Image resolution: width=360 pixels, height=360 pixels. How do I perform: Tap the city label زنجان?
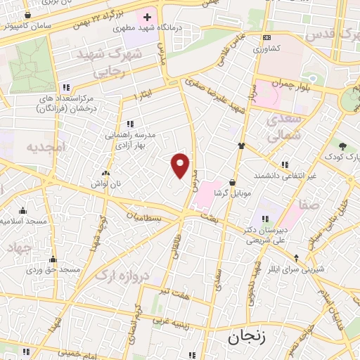244,339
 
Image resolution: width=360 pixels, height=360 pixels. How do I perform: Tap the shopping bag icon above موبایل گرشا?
232,182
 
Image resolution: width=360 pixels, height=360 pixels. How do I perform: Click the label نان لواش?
106,183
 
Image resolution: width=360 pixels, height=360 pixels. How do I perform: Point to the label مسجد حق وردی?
53,269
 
